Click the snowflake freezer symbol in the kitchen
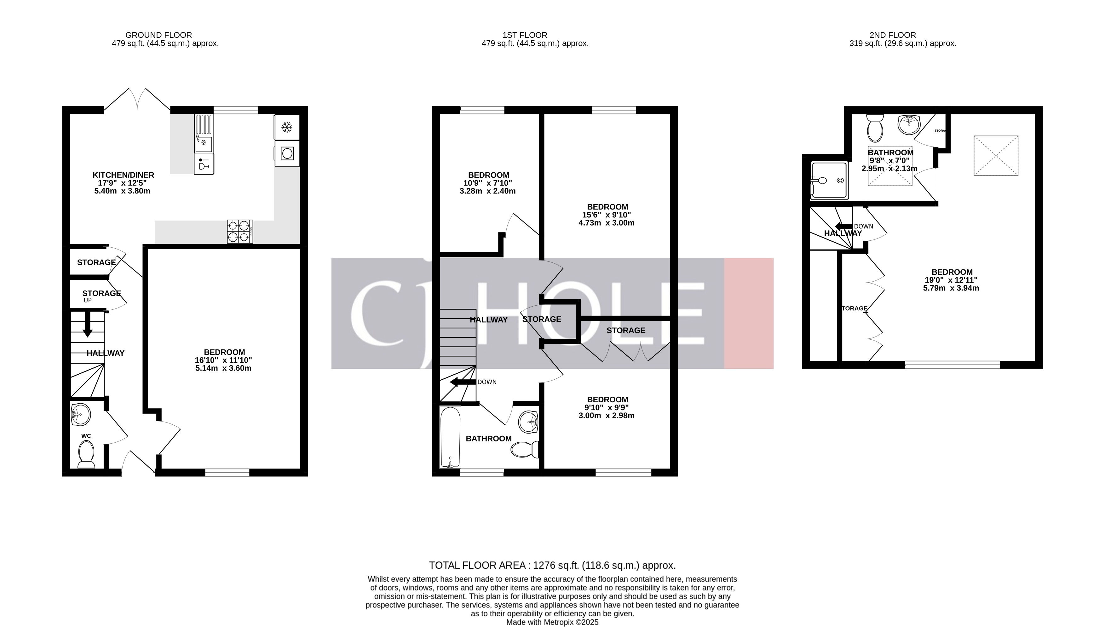(x=287, y=127)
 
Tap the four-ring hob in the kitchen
(x=240, y=231)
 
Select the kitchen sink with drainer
(x=203, y=134)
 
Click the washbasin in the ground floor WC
(x=81, y=415)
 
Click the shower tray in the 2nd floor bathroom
(x=829, y=181)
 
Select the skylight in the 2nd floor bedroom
(x=996, y=155)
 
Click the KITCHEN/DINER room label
(x=123, y=175)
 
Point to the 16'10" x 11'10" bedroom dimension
(x=223, y=360)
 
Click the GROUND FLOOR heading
(x=158, y=35)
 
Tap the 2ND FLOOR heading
(x=893, y=35)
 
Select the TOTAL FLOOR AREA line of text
(x=552, y=565)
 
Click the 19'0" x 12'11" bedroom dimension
(x=951, y=280)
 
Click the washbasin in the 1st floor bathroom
(x=528, y=422)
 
